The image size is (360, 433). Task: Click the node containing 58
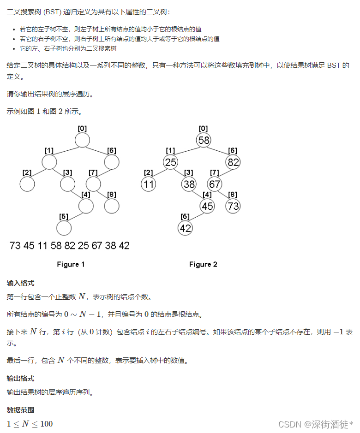tap(204, 140)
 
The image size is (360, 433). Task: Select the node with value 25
tap(170, 162)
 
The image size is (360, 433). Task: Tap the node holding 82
tap(233, 162)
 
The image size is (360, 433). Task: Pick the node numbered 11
tap(149, 184)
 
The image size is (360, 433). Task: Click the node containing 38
tap(189, 184)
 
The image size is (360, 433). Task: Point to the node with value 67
tap(215, 184)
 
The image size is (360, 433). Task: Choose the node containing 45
tap(207, 206)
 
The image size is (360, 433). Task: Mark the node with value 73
tap(233, 206)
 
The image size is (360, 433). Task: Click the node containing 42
tap(185, 228)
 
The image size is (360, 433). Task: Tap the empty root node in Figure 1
tap(82, 140)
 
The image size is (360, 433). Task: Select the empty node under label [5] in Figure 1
tap(64, 228)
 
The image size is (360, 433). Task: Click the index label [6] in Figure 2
tap(233, 150)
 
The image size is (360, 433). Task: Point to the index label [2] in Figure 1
tap(27, 172)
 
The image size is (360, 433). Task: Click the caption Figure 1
tap(71, 264)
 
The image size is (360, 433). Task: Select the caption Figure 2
tap(203, 264)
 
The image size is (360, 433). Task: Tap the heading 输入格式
tap(20, 283)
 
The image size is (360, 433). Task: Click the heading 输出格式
tap(20, 379)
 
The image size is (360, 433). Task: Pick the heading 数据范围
tap(20, 410)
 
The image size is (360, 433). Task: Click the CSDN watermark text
tap(319, 424)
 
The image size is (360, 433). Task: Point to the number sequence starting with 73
tap(70, 245)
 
